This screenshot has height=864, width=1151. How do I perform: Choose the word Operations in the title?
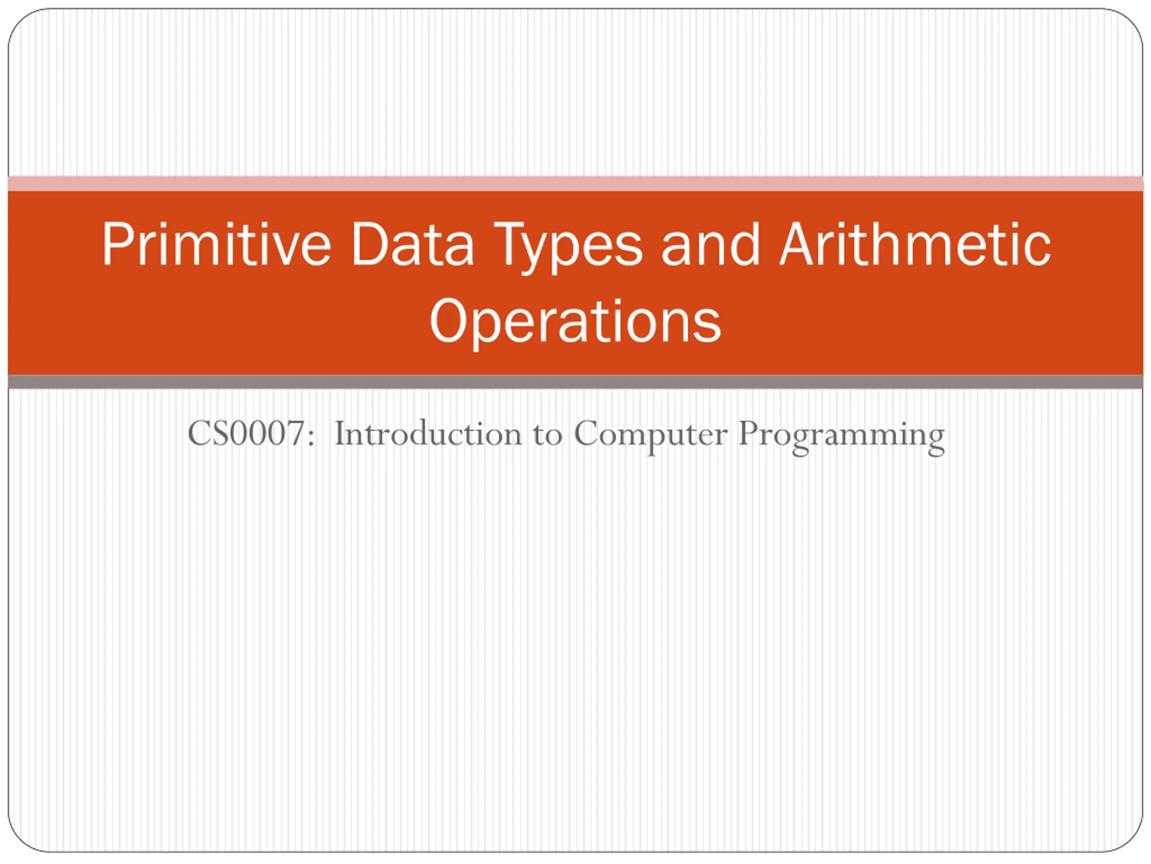(x=575, y=321)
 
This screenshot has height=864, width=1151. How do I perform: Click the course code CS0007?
(x=246, y=433)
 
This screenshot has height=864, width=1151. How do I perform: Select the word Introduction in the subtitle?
(x=428, y=433)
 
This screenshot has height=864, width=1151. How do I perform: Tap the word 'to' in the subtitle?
(x=548, y=436)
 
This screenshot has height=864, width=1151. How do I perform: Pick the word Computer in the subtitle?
(x=651, y=436)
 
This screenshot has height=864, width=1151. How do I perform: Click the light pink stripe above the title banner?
(x=575, y=183)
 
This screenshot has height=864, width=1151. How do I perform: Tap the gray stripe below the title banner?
(x=575, y=382)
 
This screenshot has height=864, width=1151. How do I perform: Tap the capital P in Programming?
(x=749, y=433)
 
